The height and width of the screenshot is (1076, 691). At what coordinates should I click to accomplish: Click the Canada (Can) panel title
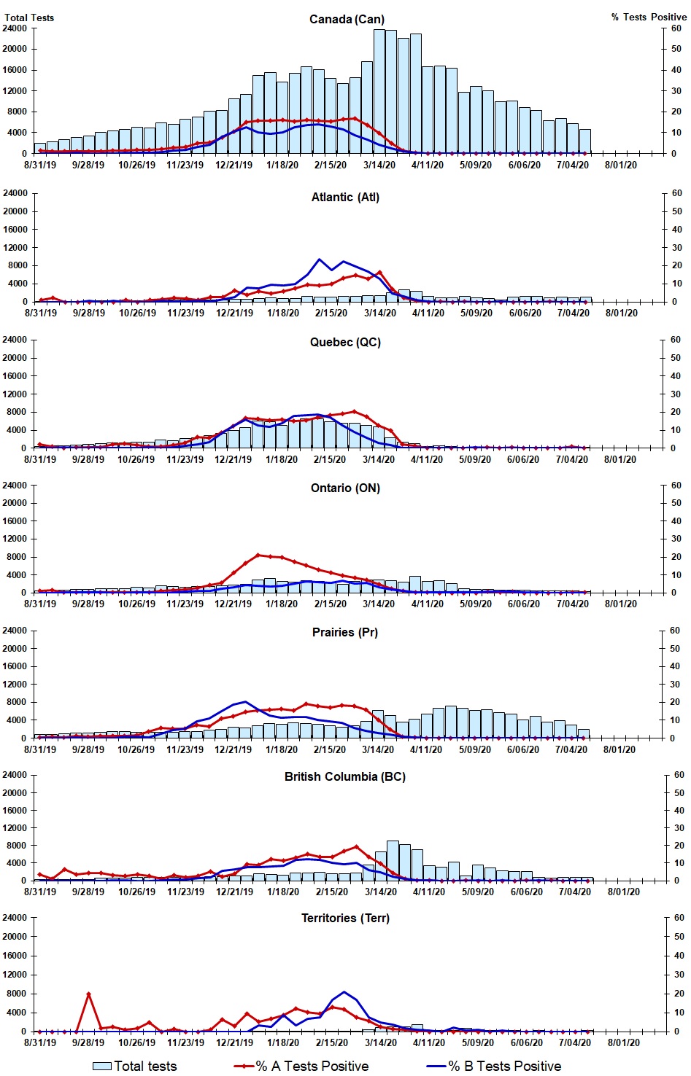(347, 19)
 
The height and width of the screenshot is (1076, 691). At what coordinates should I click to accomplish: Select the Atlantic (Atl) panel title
(345, 197)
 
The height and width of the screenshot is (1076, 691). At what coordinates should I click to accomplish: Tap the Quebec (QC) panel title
(345, 342)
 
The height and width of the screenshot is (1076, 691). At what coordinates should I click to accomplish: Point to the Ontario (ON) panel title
(345, 488)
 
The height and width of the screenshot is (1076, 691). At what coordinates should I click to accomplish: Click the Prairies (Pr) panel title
(345, 632)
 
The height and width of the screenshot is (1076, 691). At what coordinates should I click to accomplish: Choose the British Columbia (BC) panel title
(345, 776)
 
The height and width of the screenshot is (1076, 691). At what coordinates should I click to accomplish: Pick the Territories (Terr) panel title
(345, 918)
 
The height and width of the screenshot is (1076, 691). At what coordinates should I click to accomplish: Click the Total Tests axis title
(29, 17)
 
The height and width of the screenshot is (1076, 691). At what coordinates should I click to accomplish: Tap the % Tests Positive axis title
(649, 17)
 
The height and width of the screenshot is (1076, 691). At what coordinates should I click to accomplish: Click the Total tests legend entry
(136, 1066)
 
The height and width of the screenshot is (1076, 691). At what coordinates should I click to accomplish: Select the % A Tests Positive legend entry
(301, 1066)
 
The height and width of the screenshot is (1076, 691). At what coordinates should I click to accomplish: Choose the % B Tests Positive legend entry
(494, 1066)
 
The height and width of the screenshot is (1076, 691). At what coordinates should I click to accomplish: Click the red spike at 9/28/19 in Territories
(88, 994)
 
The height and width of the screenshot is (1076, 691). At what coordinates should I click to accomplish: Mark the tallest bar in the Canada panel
(379, 91)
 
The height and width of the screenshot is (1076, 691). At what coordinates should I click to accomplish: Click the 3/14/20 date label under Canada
(379, 165)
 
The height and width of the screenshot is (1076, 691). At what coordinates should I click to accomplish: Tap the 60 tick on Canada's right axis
(676, 28)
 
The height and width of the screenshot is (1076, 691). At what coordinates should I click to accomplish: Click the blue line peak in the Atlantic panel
(319, 260)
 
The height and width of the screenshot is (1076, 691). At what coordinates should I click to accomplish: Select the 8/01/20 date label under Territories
(624, 1042)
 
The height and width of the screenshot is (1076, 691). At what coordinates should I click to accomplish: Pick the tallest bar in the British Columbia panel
(393, 860)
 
